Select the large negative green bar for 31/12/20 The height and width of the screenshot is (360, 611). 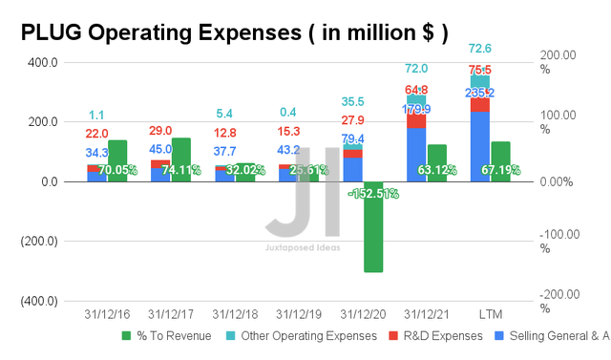373,229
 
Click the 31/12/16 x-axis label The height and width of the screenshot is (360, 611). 106,314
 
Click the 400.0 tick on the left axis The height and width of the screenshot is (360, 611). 43,63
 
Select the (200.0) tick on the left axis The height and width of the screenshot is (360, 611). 39,242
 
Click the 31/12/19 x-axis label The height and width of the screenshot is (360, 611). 297,314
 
